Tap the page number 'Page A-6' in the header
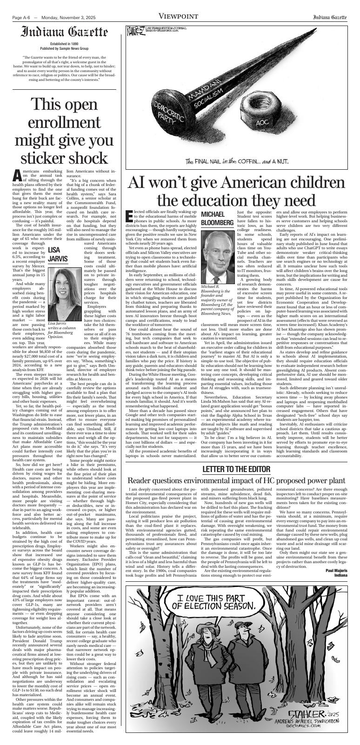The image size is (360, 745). [21, 18]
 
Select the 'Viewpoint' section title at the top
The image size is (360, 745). [179, 17]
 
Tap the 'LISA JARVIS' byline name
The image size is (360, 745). [58, 254]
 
